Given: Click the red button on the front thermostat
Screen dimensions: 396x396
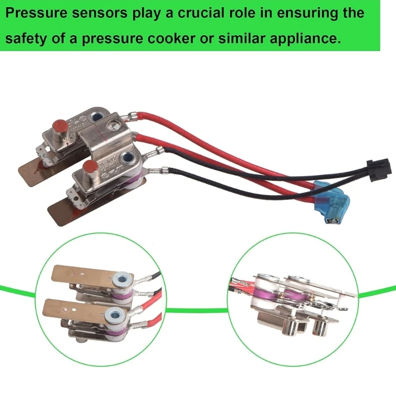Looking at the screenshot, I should tap(90, 169).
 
